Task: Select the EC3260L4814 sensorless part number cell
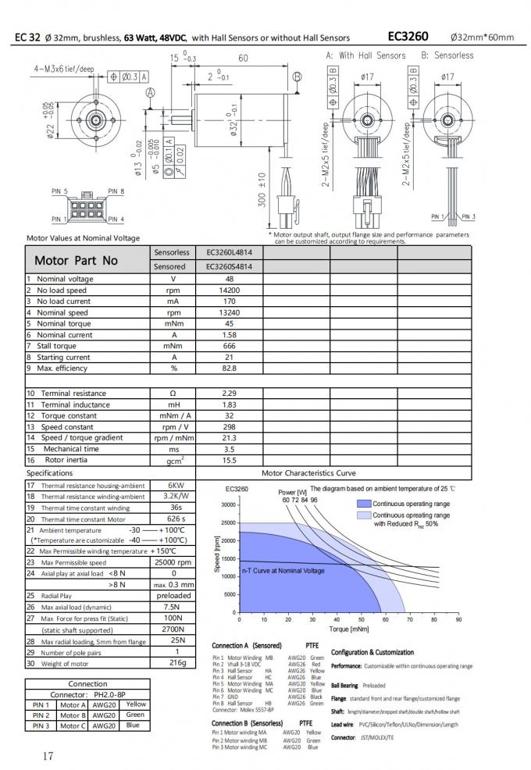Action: pyautogui.click(x=234, y=253)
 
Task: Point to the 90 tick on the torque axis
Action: pyautogui.click(x=458, y=619)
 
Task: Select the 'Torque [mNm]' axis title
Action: pyautogui.click(x=349, y=629)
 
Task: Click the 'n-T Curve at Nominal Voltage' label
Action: pyautogui.click(x=283, y=571)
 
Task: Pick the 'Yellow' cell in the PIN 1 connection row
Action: pyautogui.click(x=135, y=704)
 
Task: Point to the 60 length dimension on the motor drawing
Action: pyautogui.click(x=243, y=59)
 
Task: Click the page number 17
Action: pyautogui.click(x=48, y=755)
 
